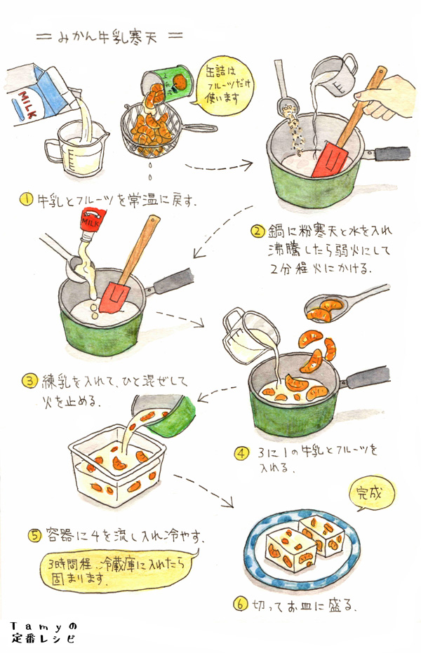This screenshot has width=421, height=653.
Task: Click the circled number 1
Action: coord(26,200)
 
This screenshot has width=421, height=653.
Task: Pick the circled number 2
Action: coord(258,231)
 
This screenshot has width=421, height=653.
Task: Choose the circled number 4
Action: coord(241,453)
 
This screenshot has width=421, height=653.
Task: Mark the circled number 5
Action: coord(34,535)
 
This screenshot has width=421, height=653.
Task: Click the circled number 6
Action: coord(240,604)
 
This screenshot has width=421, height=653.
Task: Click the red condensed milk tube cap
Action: coord(93,221)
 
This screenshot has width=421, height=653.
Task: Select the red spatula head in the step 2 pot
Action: coord(329,159)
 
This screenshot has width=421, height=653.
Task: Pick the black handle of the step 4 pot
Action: coord(367,377)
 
